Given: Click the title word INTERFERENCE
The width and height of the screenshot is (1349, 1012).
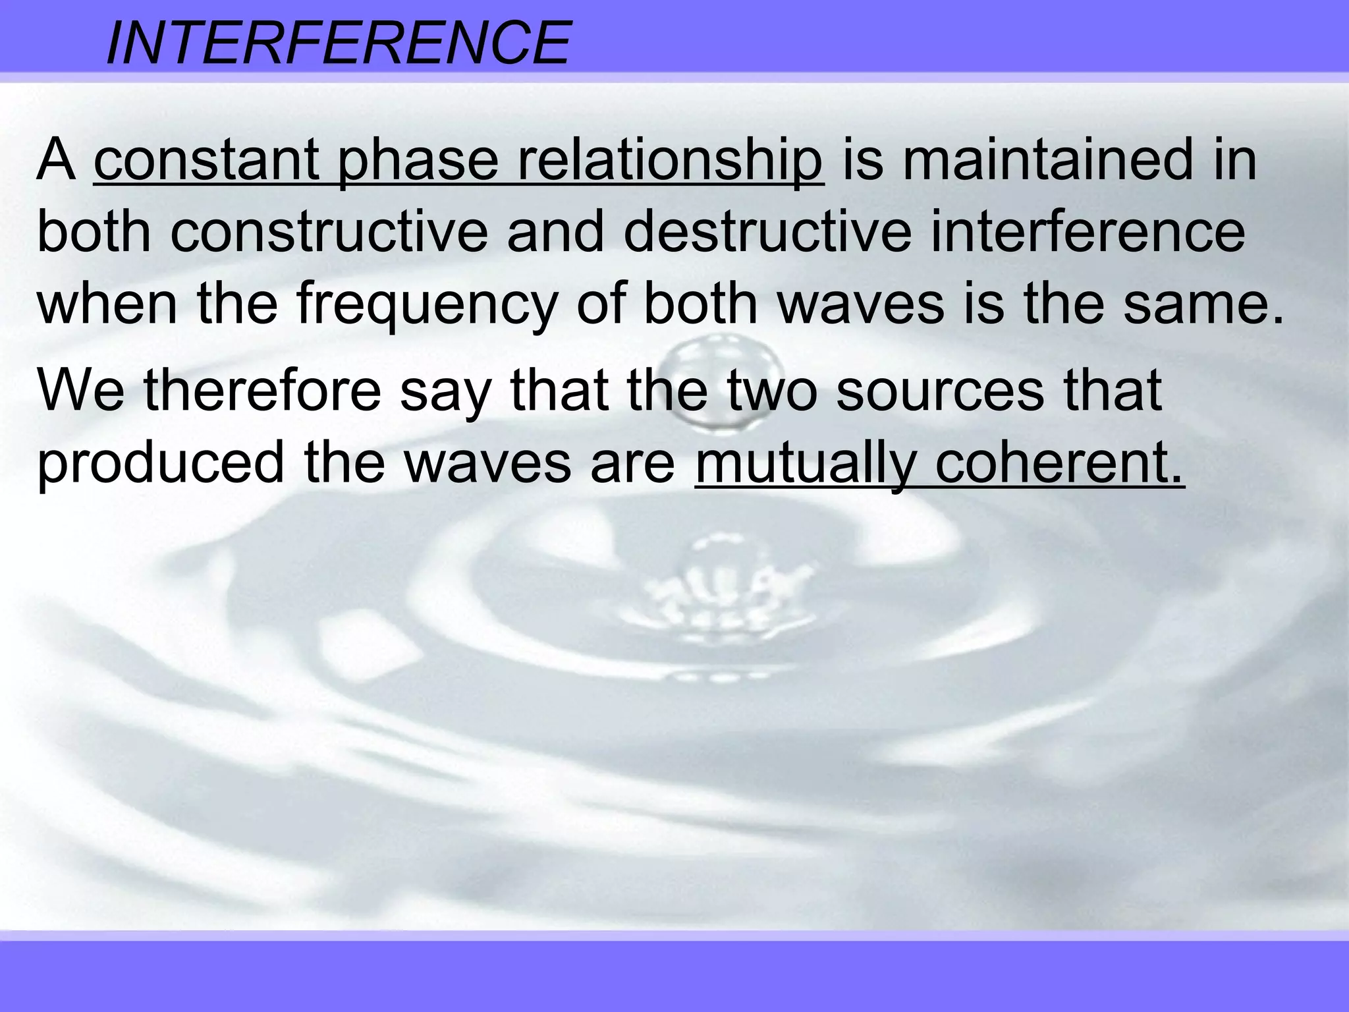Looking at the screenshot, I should (337, 43).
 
